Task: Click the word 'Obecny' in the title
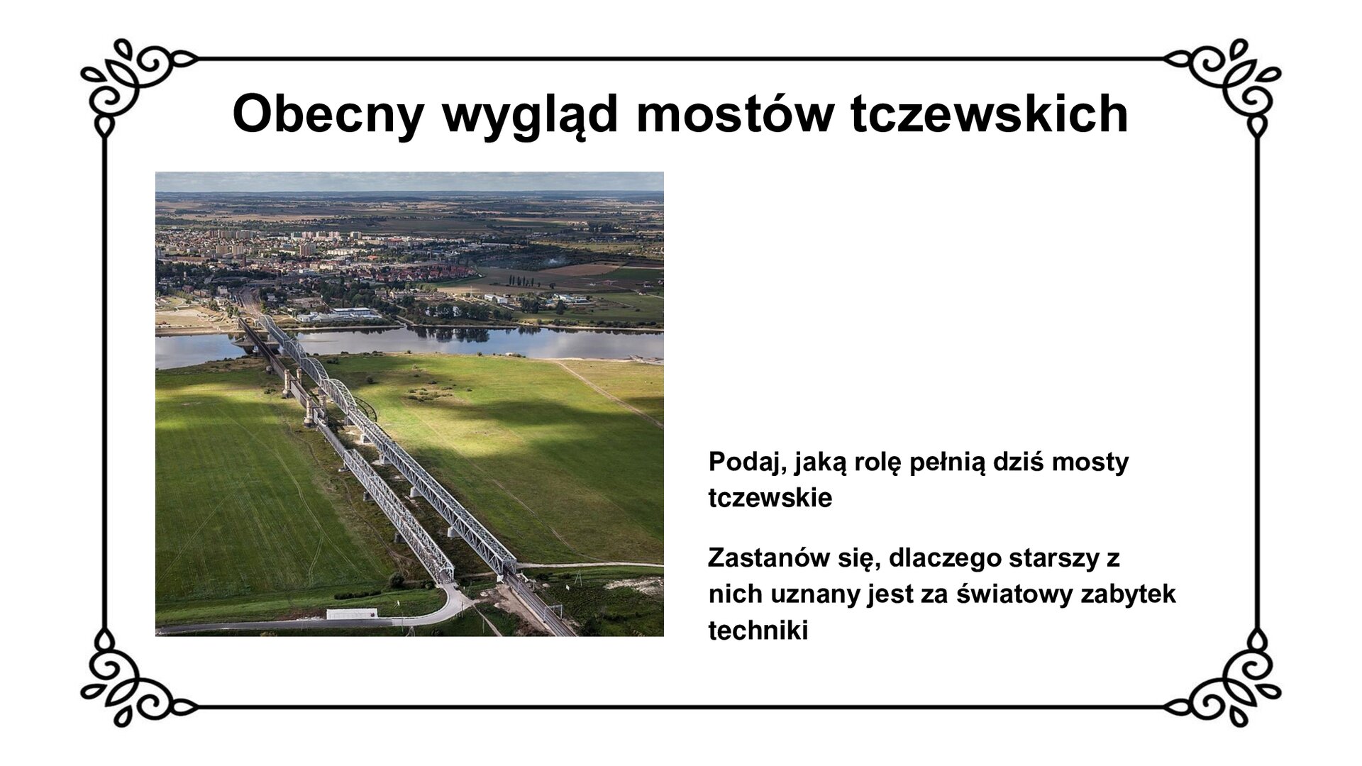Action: (x=328, y=113)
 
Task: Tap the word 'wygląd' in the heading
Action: (x=530, y=115)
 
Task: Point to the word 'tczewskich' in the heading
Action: (x=989, y=113)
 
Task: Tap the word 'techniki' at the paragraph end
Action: (x=758, y=631)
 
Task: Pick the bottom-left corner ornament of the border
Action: (x=128, y=685)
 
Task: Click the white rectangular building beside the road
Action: (x=351, y=614)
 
